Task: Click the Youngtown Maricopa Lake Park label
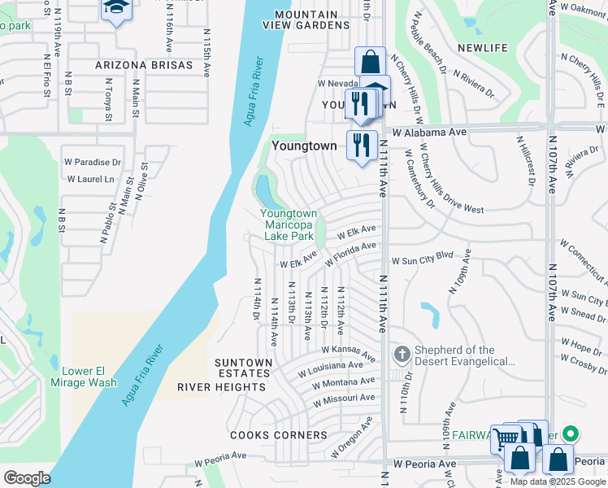[287, 224]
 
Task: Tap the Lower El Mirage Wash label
[83, 377]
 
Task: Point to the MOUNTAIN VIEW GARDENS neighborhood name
[306, 20]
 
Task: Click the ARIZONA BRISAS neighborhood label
[139, 64]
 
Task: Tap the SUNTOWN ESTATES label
[243, 368]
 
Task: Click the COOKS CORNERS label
[279, 435]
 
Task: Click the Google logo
[27, 477]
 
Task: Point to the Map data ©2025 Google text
[558, 481]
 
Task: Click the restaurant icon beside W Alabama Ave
[362, 144]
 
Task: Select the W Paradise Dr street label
[93, 163]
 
